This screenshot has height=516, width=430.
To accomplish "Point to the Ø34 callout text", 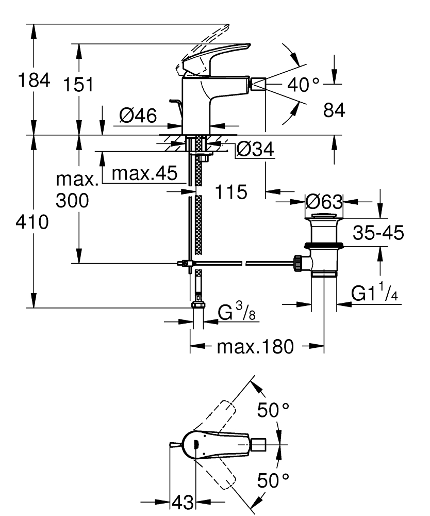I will coord(255,151).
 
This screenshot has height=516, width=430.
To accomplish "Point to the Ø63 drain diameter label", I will coord(324,200).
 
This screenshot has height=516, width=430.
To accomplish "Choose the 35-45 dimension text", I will coord(378,233).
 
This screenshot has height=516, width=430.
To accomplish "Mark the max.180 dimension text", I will coord(255,346).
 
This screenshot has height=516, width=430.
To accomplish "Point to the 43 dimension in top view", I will coord(183,501).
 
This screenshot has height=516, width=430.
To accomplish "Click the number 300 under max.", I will coord(72,201).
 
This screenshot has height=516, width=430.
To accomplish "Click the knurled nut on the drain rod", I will coord(298,263).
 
